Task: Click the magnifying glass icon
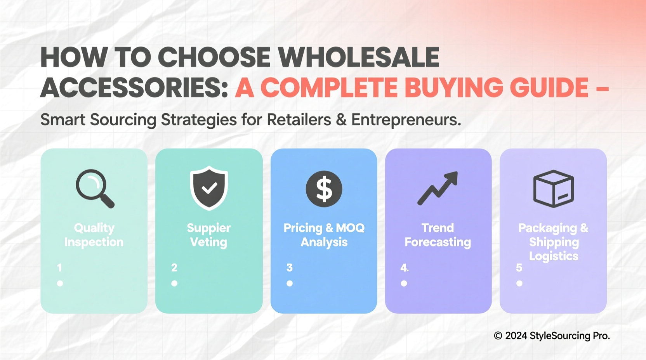(94, 188)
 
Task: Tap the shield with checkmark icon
(209, 188)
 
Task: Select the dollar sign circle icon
(324, 189)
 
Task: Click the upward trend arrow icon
(438, 188)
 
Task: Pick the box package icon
(553, 189)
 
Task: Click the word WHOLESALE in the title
(359, 57)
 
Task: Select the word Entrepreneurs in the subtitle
(406, 120)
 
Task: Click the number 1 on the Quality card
(59, 268)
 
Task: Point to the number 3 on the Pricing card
(290, 268)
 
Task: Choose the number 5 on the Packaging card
(519, 268)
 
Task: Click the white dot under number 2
(174, 284)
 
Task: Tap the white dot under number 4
(404, 284)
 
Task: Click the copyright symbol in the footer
(498, 336)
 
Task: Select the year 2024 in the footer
(516, 336)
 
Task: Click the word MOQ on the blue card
(350, 228)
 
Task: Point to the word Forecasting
(438, 242)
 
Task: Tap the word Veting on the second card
(208, 242)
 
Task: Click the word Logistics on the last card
(554, 256)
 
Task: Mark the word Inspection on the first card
(94, 242)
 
